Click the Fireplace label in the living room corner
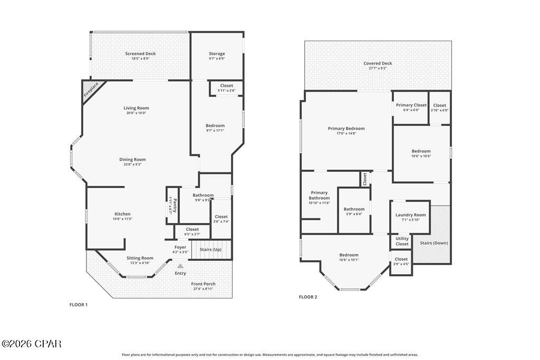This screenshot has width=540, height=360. [x=91, y=91]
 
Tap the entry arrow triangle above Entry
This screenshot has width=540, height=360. [x=180, y=266]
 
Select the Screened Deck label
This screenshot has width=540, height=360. [x=140, y=54]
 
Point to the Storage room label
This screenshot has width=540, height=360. [x=217, y=54]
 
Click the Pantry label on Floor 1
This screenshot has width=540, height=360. [x=170, y=203]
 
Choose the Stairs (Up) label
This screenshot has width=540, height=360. [x=210, y=249]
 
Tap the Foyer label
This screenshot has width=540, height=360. [x=180, y=247]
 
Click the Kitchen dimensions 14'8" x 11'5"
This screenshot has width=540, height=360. [x=122, y=219]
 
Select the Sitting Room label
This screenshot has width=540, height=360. [x=140, y=258]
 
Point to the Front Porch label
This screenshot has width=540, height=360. [x=203, y=284]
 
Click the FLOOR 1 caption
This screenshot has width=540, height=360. [x=79, y=305]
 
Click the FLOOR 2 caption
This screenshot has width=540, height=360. [x=308, y=297]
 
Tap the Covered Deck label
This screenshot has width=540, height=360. [x=378, y=63]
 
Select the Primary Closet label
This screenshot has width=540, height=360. [x=411, y=105]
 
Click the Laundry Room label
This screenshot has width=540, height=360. [x=410, y=215]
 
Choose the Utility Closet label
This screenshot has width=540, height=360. [x=402, y=241]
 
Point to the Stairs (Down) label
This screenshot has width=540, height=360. [x=433, y=243]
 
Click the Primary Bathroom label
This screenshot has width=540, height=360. [x=319, y=196]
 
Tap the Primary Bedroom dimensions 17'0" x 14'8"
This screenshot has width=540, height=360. [x=346, y=133]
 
